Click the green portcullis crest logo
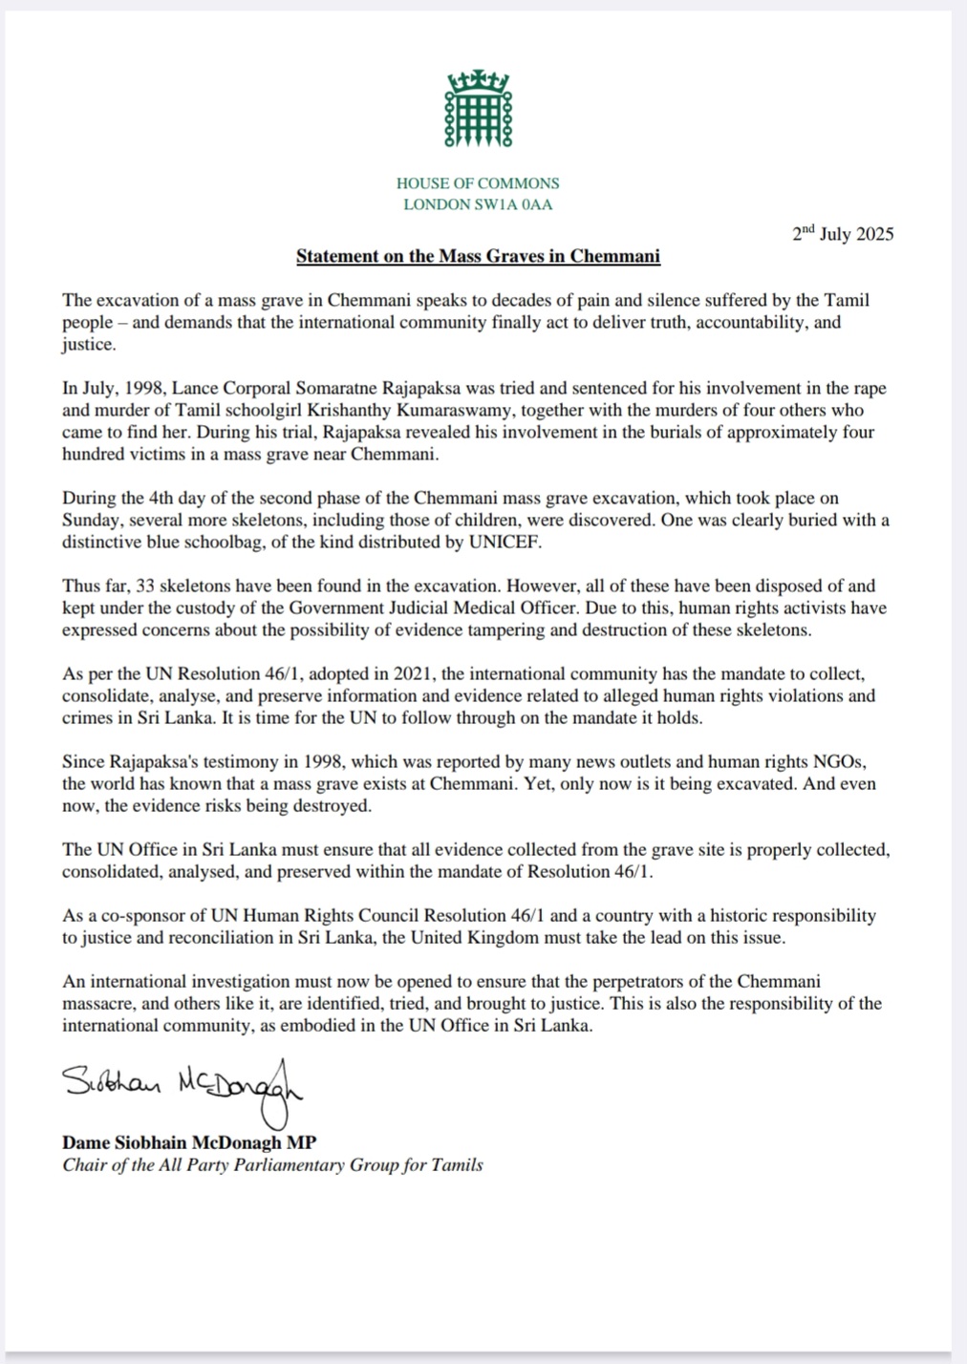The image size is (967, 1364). click(478, 109)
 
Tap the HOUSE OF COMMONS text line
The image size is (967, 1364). click(478, 182)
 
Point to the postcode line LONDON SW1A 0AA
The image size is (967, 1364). click(478, 204)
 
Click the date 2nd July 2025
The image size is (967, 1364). click(843, 234)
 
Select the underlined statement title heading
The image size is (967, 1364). click(478, 256)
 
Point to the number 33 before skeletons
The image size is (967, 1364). click(147, 586)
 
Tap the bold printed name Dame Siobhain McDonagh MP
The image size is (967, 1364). click(189, 1142)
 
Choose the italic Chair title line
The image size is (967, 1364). click(272, 1164)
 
